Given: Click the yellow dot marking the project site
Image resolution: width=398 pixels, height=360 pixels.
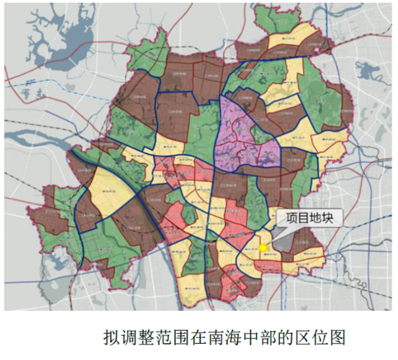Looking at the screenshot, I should click(263, 248).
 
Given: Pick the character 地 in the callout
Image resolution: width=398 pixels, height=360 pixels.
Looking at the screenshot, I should click(319, 218).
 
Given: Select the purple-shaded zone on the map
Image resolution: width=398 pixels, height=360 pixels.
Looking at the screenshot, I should click(242, 135).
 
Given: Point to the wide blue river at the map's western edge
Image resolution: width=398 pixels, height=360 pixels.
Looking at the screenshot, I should click(25, 135).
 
